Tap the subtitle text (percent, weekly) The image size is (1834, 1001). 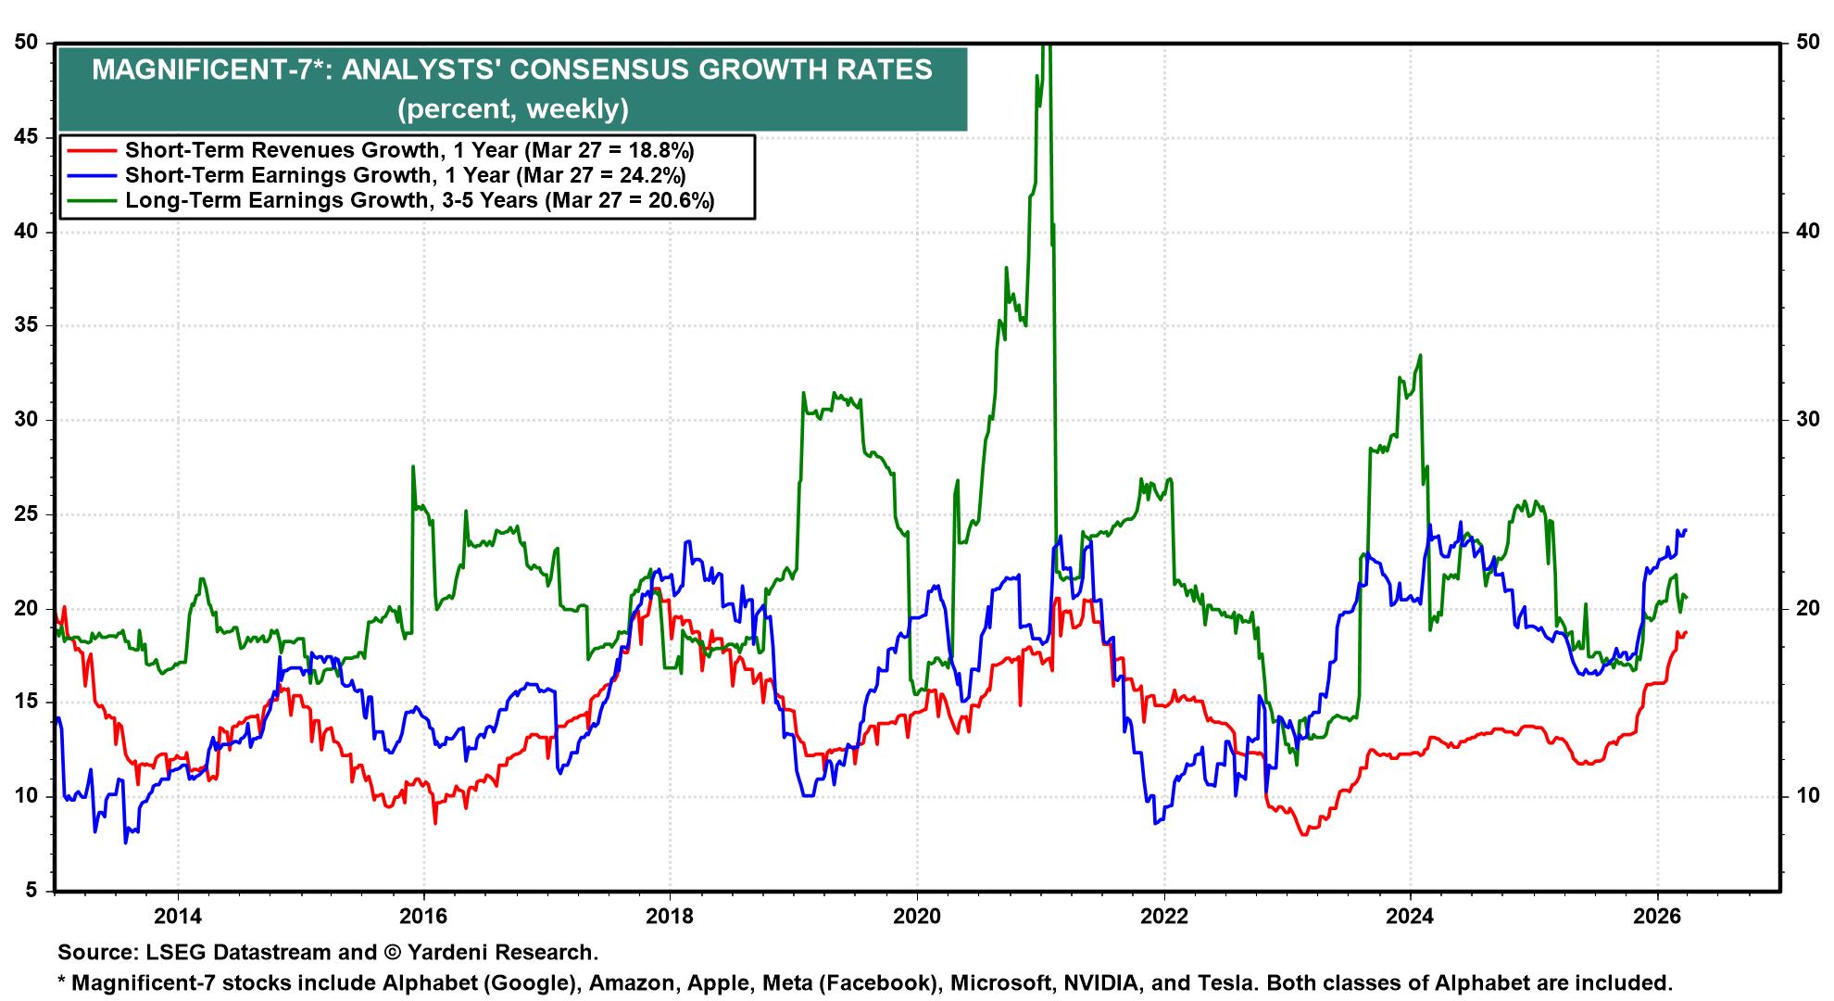(512, 109)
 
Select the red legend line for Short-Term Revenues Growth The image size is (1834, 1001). (89, 150)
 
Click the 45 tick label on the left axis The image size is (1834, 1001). (27, 137)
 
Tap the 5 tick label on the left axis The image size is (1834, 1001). (33, 891)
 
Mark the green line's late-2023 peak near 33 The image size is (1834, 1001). (1420, 355)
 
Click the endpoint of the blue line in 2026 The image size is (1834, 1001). (1685, 530)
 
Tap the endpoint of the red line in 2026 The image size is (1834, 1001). (1685, 633)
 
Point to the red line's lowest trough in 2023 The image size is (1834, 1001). (1304, 834)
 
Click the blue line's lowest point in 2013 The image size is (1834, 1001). (125, 843)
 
